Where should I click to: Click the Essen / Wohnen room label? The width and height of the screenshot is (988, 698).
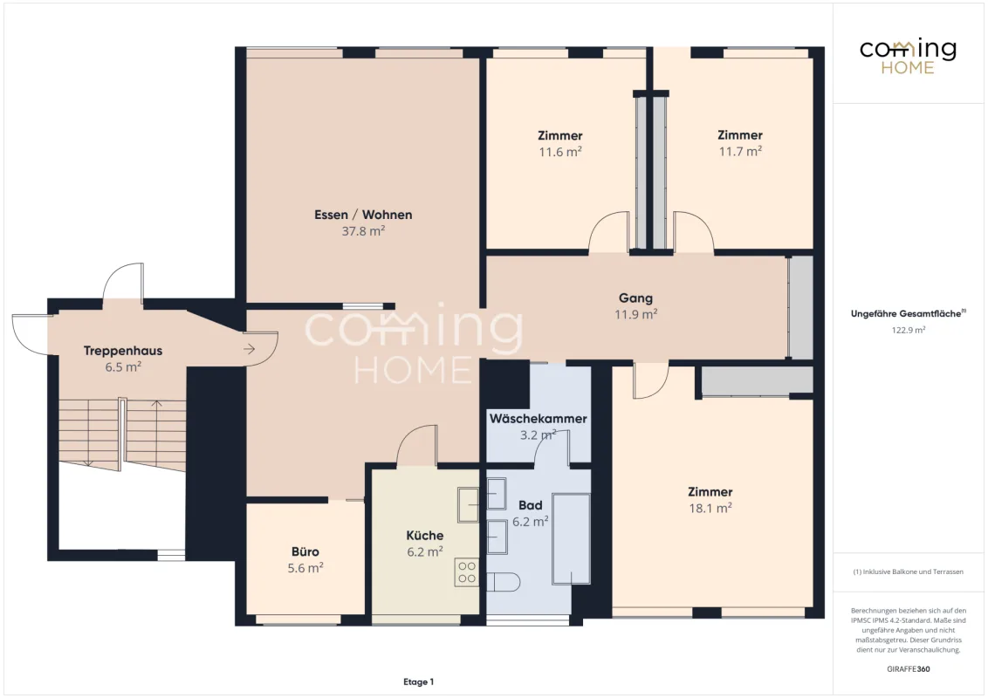point(363,215)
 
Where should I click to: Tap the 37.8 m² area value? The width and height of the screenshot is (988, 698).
point(363,231)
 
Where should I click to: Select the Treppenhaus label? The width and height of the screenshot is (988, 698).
point(123,351)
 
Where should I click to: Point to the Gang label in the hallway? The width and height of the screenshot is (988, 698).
point(635,298)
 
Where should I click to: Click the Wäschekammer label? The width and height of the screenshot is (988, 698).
point(539,418)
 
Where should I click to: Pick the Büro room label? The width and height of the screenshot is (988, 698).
point(305,551)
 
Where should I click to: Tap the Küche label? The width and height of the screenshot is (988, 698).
point(425,536)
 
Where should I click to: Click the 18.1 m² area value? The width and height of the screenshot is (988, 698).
point(710,509)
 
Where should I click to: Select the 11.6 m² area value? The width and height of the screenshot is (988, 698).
point(560,152)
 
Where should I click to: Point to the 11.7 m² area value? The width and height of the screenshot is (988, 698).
point(740,151)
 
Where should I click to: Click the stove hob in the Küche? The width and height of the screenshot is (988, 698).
point(466,572)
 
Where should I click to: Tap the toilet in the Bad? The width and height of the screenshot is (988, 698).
point(503,581)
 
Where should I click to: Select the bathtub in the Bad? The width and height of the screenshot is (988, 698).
point(571,539)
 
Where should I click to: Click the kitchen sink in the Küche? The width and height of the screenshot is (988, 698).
point(468,504)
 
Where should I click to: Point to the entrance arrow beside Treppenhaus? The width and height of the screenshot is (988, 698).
point(250,348)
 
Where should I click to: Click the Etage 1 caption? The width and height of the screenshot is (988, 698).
point(418,681)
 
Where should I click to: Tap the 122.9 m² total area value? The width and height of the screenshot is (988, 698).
point(908,330)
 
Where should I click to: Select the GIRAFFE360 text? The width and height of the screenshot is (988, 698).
point(908,669)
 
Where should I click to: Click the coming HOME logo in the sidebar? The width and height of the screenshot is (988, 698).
point(908,57)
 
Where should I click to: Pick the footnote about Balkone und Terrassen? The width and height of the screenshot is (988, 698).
point(908,572)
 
